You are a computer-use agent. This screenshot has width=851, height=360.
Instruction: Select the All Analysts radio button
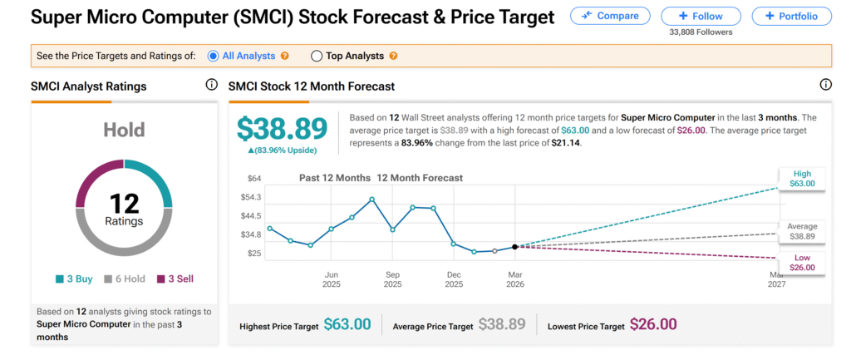click(214, 56)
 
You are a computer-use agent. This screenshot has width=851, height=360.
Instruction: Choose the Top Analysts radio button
click(316, 56)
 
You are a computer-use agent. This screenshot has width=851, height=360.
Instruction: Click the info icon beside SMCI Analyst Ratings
click(211, 85)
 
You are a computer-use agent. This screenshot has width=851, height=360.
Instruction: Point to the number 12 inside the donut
click(124, 203)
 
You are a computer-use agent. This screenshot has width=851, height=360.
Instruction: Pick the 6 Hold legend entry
click(124, 279)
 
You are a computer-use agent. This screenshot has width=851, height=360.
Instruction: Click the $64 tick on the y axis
click(254, 178)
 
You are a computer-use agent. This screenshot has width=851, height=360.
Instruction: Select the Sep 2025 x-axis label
click(393, 279)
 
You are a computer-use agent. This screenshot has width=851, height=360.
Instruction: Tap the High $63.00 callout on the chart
click(801, 178)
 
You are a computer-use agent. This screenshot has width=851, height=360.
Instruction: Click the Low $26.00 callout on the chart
click(801, 262)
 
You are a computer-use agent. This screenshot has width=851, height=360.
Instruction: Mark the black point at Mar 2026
click(515, 247)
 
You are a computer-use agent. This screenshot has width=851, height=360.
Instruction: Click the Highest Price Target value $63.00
click(347, 325)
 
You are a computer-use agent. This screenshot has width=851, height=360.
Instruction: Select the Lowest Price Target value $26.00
click(653, 325)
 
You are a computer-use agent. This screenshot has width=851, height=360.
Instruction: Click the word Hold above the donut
click(124, 130)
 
